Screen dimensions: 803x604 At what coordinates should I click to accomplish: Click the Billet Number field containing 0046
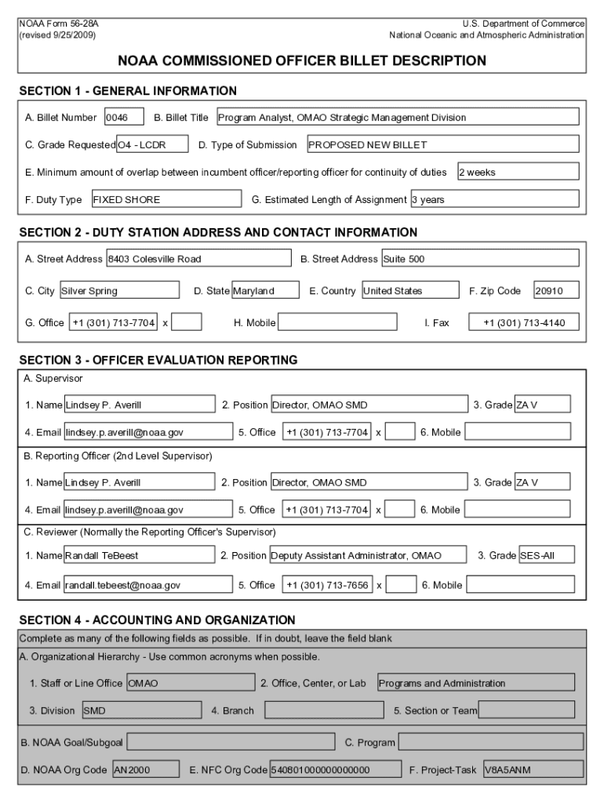[124, 118]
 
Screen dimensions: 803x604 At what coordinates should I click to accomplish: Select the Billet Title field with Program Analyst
[397, 118]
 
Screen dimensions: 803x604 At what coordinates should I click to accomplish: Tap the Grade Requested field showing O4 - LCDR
[152, 145]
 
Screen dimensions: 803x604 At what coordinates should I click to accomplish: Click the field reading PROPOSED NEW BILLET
[442, 145]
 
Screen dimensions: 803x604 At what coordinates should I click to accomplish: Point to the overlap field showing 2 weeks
[518, 172]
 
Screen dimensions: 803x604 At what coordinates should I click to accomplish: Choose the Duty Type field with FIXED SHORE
[166, 199]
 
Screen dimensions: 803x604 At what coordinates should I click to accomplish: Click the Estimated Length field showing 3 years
[494, 199]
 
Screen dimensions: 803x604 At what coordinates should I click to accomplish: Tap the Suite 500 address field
[480, 259]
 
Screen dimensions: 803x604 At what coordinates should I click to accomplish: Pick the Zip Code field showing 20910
[556, 291]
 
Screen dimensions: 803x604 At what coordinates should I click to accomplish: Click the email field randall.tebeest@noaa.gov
[148, 585]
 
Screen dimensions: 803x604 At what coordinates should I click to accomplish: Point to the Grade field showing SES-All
[546, 555]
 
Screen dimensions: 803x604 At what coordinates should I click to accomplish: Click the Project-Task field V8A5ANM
[533, 770]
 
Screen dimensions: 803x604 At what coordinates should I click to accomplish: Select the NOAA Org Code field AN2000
[144, 770]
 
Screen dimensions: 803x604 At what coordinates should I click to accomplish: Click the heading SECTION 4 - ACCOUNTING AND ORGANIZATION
[157, 620]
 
